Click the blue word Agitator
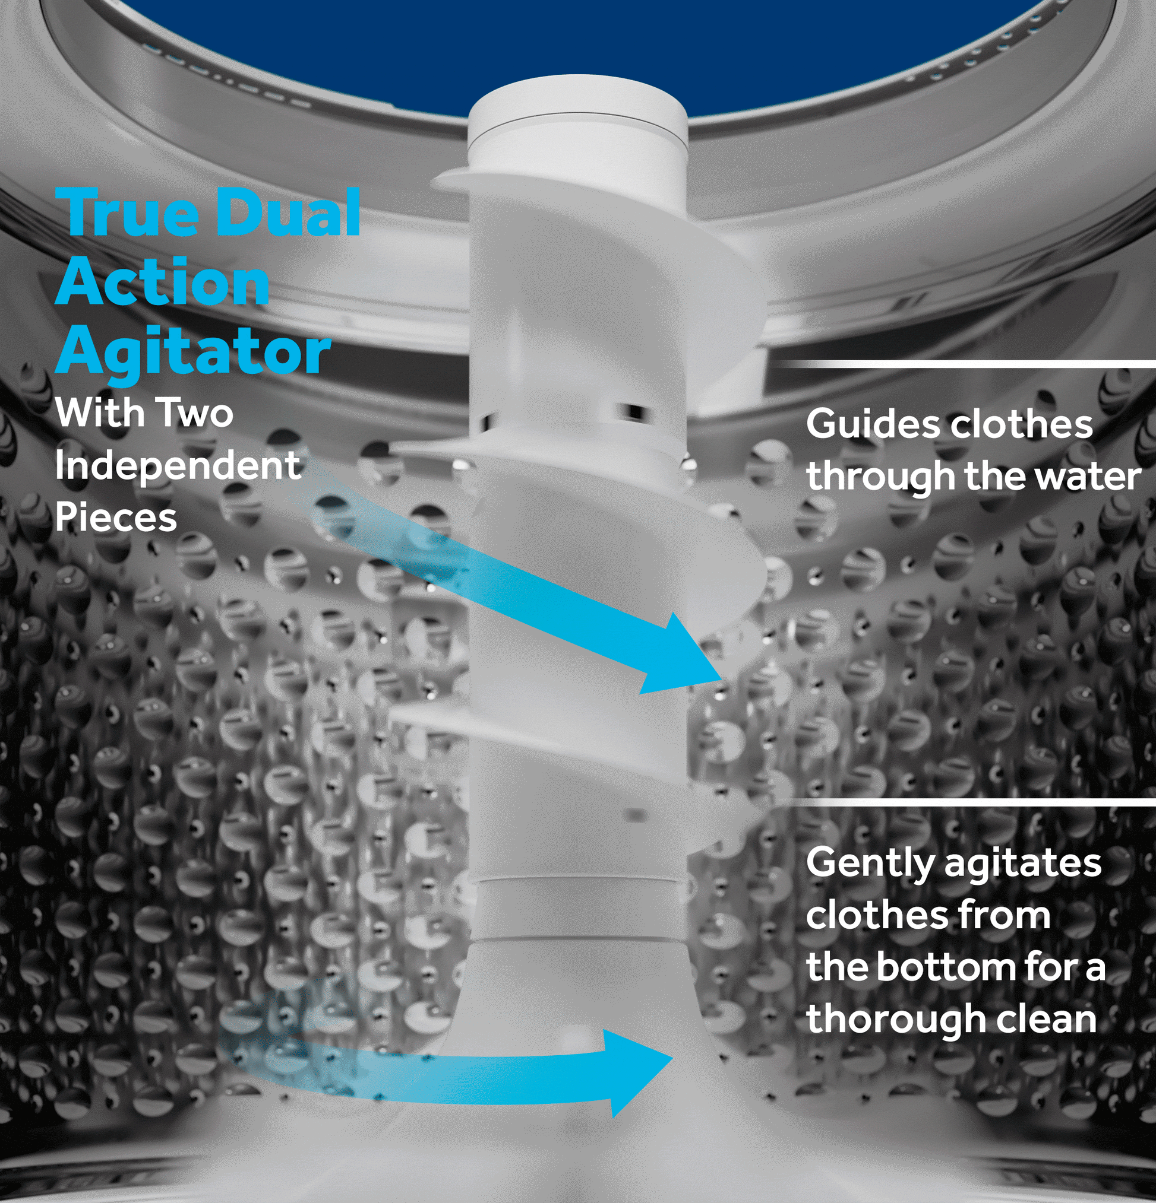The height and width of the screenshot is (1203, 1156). coord(193,353)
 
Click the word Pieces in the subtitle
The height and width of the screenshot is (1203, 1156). coord(116,518)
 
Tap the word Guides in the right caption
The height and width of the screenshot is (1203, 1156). coord(873,425)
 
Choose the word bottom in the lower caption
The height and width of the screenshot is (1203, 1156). coord(945,968)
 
